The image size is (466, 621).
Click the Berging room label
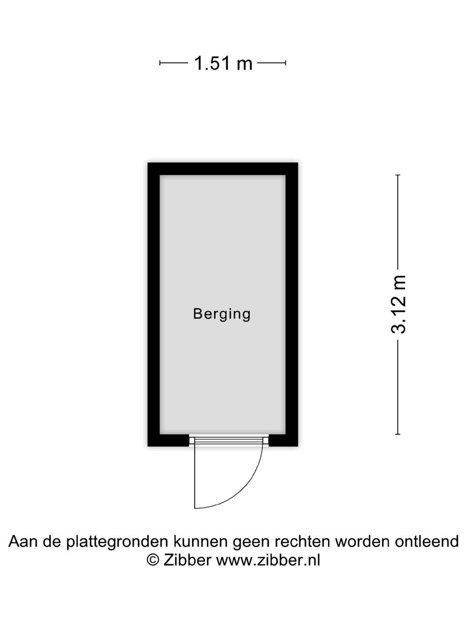coord(222,314)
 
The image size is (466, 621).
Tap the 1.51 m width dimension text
coord(223,63)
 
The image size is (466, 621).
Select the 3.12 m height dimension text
coord(399,305)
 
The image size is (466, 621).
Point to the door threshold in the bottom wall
coord(229,441)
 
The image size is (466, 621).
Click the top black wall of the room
coord(223,169)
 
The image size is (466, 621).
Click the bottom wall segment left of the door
coord(168,441)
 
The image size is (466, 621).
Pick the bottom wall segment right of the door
coord(283,441)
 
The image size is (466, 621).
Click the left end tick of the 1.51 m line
coord(160,63)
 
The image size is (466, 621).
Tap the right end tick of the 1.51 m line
coord(286,63)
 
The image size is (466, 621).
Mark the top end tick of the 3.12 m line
coord(398,175)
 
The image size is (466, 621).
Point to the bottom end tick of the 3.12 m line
coord(398,434)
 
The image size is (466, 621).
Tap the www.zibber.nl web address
coord(268,560)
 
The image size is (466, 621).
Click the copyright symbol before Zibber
coord(153,560)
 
